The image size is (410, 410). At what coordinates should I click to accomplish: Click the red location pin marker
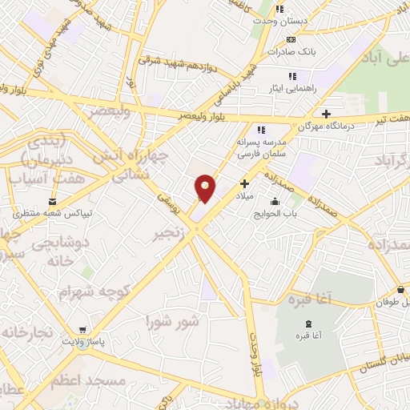coord(205,187)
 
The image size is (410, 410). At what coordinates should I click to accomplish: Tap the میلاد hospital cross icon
coord(244,183)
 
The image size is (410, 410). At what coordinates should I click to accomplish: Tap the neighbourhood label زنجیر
coord(173,234)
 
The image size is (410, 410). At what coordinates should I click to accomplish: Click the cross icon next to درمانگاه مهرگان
coord(326,113)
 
